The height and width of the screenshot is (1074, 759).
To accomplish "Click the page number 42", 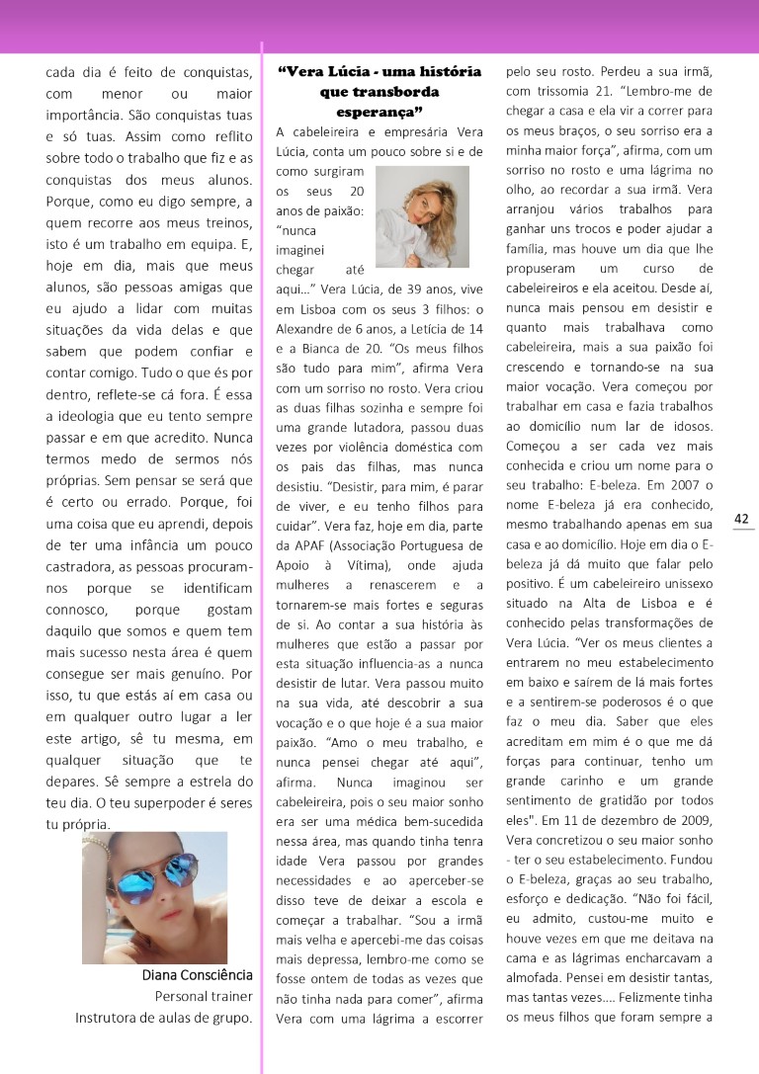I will click(x=741, y=519).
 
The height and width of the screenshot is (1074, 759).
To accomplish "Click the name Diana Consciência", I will click(x=198, y=976).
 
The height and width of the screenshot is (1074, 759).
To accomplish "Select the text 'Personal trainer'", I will click(x=204, y=997).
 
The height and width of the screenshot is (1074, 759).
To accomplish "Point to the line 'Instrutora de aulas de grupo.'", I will click(x=164, y=1018).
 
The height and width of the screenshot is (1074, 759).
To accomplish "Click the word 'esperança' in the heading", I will click(x=379, y=111).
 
